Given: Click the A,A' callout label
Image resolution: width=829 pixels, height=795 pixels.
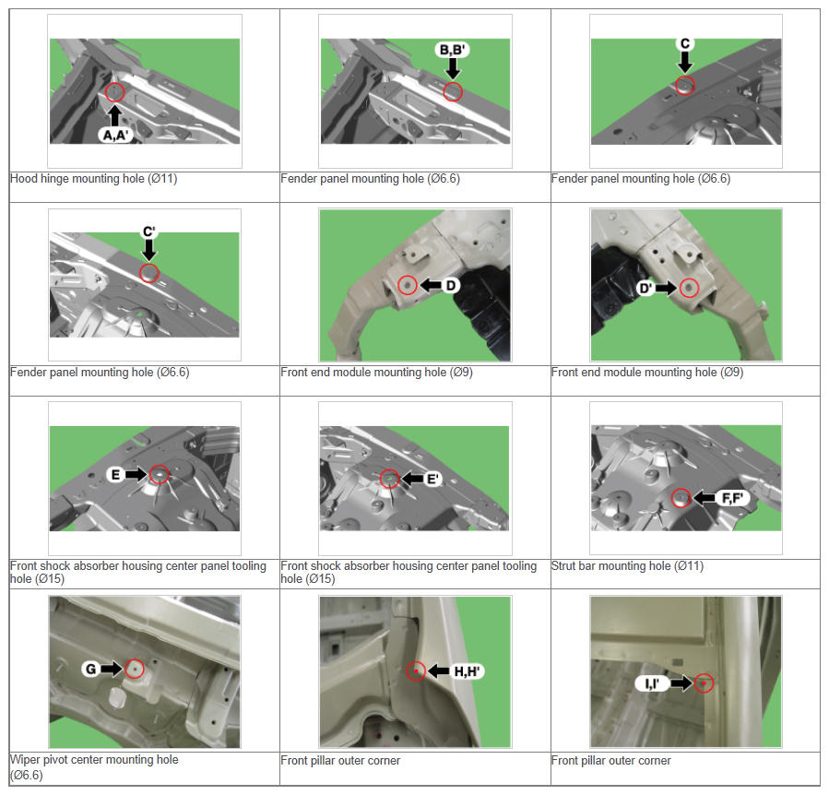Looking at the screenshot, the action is point(115,136).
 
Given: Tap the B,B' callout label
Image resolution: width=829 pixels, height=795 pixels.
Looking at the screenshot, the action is point(452,50).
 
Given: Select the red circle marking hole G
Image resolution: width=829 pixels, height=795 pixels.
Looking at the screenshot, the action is point(135,670).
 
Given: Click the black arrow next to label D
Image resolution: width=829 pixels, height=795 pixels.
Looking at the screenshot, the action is point(431,286).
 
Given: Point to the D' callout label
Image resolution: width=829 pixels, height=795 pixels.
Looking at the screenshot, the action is point(645,289).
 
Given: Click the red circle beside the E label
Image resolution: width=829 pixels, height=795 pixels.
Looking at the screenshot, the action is point(160,474).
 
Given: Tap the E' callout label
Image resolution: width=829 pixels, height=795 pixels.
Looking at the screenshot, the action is point(432,480).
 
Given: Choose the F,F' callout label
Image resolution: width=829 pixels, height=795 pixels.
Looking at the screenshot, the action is point(732,498).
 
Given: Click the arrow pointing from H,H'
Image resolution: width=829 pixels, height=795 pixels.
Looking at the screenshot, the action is point(439,671).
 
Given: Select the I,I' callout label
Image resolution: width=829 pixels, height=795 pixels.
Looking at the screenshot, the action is point(652,683).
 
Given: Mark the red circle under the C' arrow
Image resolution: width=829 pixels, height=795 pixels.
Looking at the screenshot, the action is point(149,273).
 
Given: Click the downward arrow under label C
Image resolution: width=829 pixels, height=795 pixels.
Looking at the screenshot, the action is point(685,62).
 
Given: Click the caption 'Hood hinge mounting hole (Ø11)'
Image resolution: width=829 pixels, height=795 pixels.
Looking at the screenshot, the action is point(93,179).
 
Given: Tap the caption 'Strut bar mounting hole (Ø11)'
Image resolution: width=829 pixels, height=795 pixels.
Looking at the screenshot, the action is point(627,566).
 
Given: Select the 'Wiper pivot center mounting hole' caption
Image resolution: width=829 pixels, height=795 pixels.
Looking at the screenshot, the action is point(94,760).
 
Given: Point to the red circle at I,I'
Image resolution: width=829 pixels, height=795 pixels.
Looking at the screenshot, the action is point(704,683).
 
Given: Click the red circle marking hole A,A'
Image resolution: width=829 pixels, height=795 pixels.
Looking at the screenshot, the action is point(114,92).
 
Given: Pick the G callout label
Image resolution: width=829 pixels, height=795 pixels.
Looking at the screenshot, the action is point(90,670).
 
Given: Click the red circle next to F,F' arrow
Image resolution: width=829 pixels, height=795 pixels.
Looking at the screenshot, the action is point(681,498).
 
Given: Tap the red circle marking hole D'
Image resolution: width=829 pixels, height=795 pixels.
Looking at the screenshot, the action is point(689,288).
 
